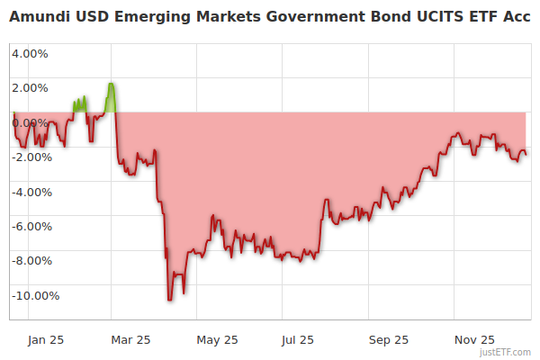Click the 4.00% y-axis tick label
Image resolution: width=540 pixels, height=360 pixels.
point(30,53)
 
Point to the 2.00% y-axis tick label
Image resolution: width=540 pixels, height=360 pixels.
point(30,87)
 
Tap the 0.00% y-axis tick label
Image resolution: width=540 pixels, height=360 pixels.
point(30,122)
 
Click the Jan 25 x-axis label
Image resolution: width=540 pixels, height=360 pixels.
point(45,340)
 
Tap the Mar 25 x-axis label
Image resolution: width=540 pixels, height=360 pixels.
point(131,340)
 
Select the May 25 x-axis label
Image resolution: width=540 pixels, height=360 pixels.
point(217,340)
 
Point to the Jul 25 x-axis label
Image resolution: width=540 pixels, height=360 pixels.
point(298,340)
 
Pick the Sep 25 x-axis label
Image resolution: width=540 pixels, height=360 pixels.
point(388,340)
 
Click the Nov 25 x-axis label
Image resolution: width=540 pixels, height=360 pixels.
point(473,340)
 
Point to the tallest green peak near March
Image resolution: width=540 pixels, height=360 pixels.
point(110,84)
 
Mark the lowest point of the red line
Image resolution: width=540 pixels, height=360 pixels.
point(169,300)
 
